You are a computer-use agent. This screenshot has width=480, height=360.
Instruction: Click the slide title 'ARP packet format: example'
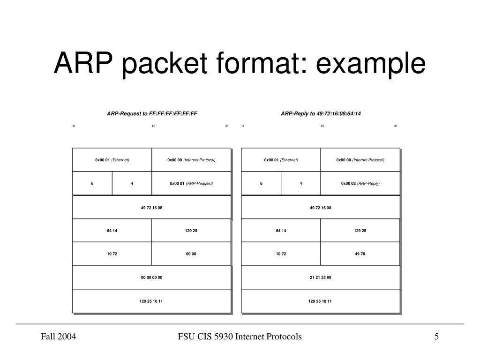240,64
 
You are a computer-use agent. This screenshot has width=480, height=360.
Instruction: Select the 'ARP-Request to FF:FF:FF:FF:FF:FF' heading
152,113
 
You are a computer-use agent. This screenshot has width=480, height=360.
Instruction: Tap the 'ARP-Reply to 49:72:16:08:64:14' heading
321,113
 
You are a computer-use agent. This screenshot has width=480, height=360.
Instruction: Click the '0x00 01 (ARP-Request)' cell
191,183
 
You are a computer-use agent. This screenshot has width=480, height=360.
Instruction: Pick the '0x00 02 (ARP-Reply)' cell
360,183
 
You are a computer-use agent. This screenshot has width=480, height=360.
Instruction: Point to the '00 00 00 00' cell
151,277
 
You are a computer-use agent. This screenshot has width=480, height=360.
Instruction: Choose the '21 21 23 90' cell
320,277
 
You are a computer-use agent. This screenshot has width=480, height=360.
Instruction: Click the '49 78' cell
360,254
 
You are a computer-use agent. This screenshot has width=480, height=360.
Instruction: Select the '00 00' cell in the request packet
191,254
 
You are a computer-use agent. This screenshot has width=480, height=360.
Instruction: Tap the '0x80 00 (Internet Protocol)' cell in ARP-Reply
360,160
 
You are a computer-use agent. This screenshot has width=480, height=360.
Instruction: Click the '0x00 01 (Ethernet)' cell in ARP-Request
112,160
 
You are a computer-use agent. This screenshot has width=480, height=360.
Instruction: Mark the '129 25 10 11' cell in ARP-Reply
320,301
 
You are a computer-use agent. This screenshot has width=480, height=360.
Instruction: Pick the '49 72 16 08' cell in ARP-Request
151,207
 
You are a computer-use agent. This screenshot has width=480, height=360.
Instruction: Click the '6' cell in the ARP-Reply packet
261,183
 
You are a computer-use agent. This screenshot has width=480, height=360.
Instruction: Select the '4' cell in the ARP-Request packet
132,183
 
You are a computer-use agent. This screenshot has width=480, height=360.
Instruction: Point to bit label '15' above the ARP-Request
153,126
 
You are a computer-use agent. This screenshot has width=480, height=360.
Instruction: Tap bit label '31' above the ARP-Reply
396,126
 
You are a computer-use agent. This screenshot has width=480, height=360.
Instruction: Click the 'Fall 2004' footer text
59,337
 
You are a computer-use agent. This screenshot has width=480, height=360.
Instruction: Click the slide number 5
436,337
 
